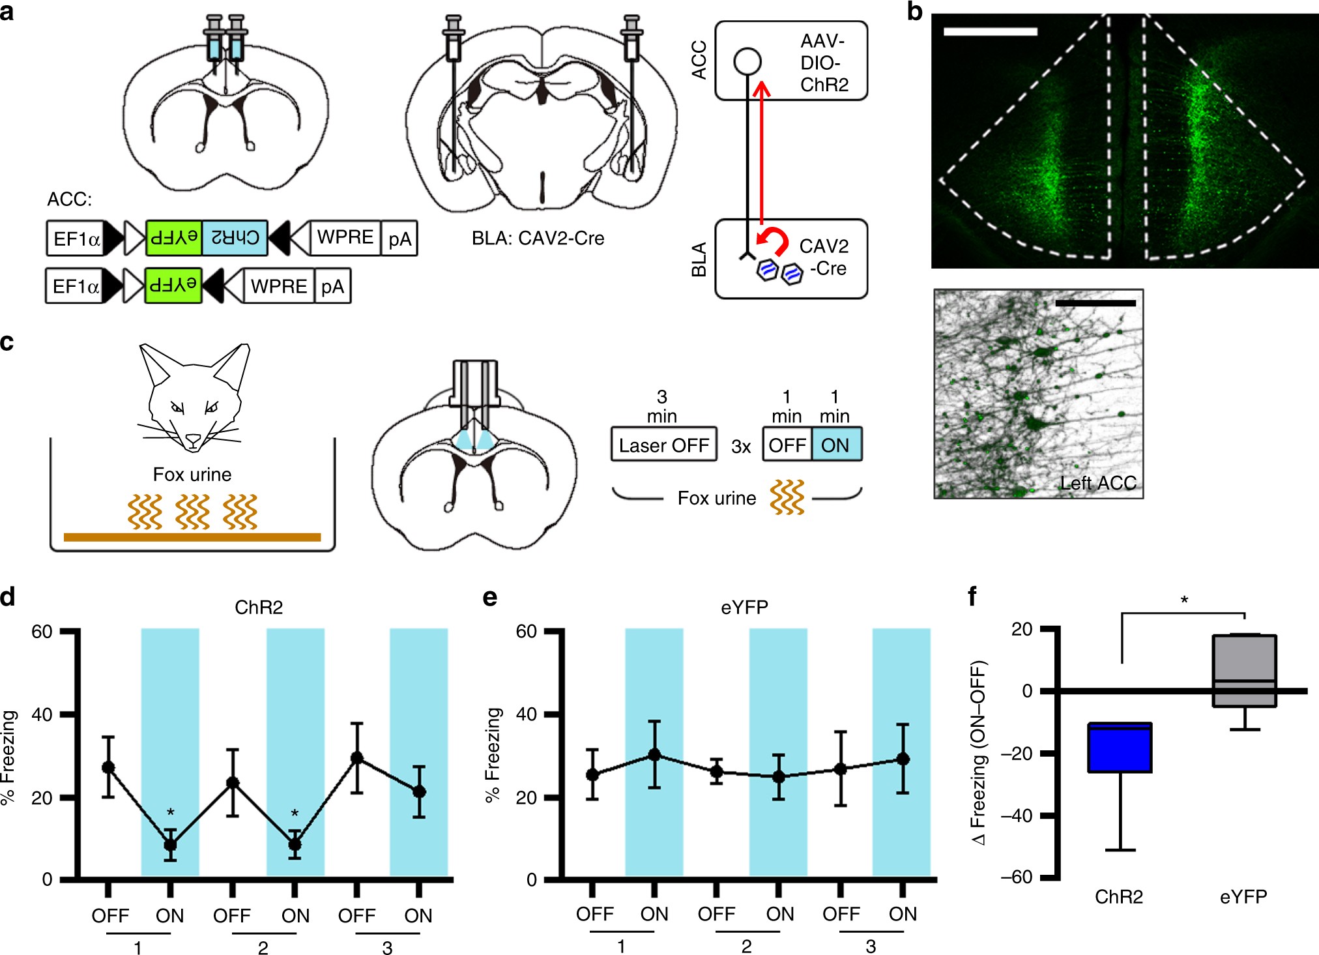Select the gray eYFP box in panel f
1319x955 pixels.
(1244, 671)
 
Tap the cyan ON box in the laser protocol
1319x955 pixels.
(836, 445)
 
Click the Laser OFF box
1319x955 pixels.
(663, 445)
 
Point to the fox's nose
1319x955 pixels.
(194, 441)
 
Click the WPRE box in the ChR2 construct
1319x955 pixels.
(345, 237)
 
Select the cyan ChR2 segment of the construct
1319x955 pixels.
(235, 237)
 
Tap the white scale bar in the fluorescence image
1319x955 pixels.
(990, 31)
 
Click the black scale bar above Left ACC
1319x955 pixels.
(1095, 303)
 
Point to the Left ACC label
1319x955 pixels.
(1098, 483)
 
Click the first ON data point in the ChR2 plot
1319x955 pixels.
(170, 845)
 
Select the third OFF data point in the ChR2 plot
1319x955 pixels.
(356, 758)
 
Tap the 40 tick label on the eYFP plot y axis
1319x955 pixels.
(526, 714)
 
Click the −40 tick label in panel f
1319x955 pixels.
(1017, 816)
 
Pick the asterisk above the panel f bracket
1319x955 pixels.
(1184, 600)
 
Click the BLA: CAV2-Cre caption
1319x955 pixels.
(538, 239)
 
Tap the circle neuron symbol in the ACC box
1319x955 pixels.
(747, 61)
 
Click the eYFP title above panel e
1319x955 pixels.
(744, 608)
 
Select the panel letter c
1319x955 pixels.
(7, 342)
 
